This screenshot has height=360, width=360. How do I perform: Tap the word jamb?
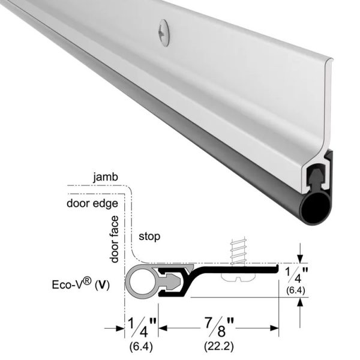[x=106, y=178]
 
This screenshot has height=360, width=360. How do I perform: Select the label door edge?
[x=91, y=202]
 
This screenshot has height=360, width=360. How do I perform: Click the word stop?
[x=149, y=237]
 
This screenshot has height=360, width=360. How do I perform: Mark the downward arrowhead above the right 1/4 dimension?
[x=299, y=259]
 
